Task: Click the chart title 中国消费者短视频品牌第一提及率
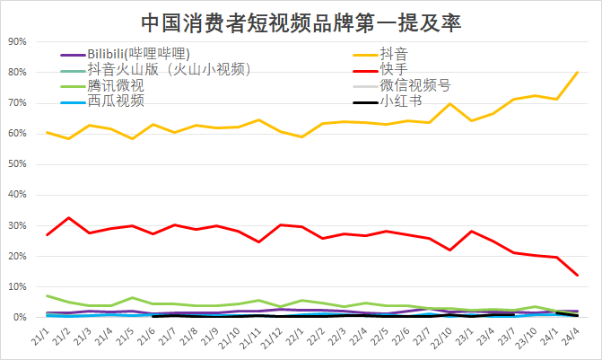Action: coord(301,22)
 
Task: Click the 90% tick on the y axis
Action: coord(17,41)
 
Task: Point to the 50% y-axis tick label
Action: coord(17,164)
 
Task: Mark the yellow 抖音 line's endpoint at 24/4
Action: coord(577,72)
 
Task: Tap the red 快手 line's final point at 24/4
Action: coord(577,275)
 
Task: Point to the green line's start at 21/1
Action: coord(48,295)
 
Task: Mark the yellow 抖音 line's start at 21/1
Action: coord(48,132)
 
